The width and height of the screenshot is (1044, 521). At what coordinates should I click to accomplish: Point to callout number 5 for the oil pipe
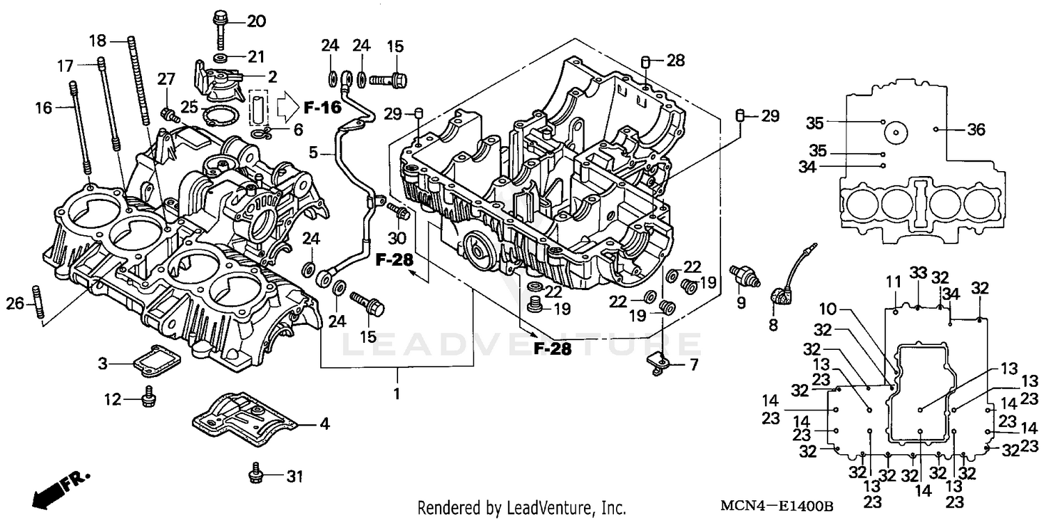(x=313, y=152)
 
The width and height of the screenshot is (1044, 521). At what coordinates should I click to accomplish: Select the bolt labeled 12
(x=148, y=397)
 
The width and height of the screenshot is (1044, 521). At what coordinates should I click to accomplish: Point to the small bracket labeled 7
(x=657, y=362)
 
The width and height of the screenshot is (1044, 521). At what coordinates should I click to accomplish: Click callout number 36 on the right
(x=976, y=129)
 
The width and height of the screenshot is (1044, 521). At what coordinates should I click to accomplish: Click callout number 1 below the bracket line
(x=397, y=394)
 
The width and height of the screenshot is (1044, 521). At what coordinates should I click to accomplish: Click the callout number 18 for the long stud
(x=98, y=41)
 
